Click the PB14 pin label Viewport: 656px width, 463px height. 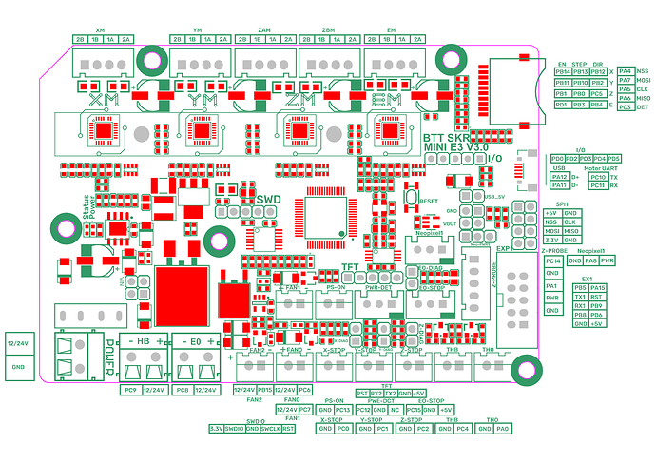(x=563, y=71)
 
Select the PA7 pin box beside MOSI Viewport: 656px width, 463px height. (x=625, y=82)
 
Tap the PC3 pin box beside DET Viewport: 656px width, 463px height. (x=625, y=107)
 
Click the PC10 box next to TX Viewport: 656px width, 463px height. (x=598, y=177)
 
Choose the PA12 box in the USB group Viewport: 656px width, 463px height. (x=559, y=177)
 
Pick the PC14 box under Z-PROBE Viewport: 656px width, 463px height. (x=552, y=260)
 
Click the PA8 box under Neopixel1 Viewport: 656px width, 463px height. (x=590, y=260)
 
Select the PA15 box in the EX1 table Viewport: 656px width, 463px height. (x=598, y=288)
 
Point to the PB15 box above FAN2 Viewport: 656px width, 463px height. (x=265, y=390)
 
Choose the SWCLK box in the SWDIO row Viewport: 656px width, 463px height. (x=270, y=428)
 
